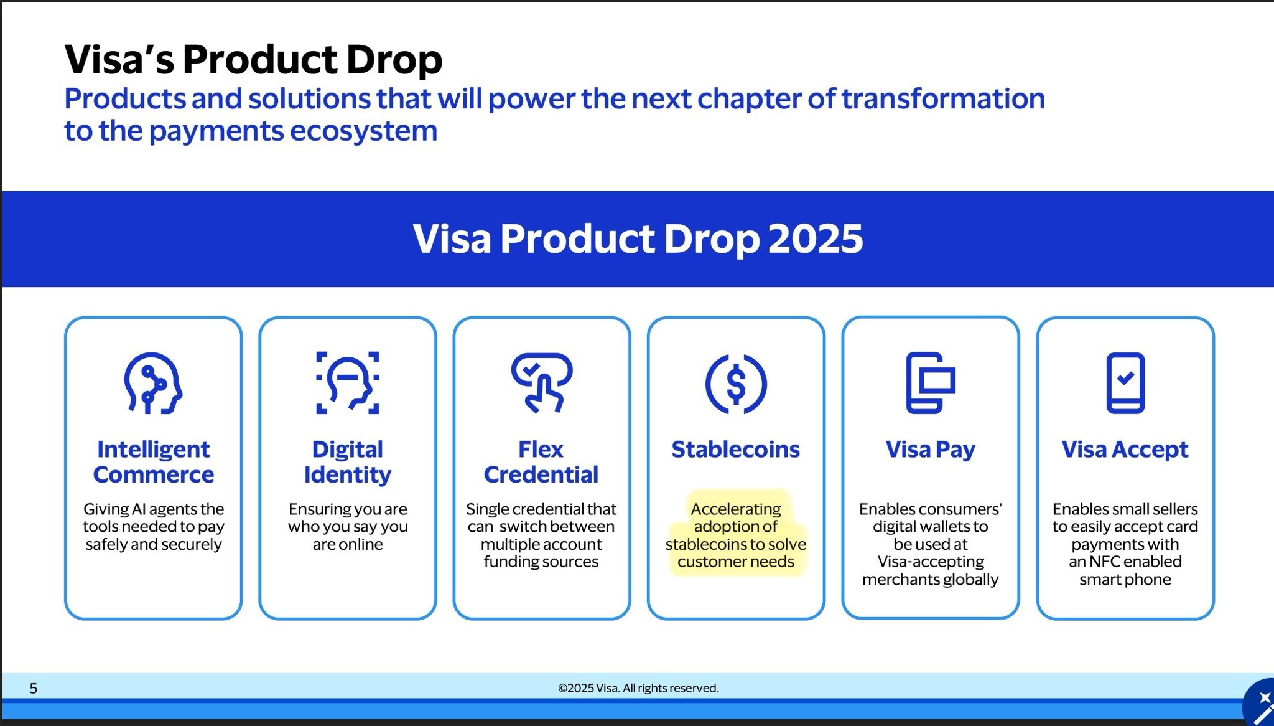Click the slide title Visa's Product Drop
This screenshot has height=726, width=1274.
[x=253, y=60]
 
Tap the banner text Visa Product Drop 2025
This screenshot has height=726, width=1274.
[x=638, y=238]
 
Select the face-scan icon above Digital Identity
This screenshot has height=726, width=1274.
[x=348, y=383]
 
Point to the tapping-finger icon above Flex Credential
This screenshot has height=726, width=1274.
[x=542, y=383]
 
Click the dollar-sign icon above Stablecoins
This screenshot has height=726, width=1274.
[x=736, y=384]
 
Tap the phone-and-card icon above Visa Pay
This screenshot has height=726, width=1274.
[x=930, y=383]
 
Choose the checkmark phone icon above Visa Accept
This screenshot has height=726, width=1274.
[x=1125, y=383]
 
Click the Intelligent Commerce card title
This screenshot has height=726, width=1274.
[x=154, y=462]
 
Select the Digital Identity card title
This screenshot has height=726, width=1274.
[x=348, y=462]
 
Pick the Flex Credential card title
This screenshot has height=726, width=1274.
[x=541, y=462]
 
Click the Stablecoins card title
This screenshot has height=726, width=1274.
[x=736, y=450]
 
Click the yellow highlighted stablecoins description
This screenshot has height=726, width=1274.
[x=736, y=535]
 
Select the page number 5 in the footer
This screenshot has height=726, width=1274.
[x=34, y=688]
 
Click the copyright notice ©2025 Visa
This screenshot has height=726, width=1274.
[x=638, y=688]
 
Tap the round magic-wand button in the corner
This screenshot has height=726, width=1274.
[x=1260, y=704]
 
